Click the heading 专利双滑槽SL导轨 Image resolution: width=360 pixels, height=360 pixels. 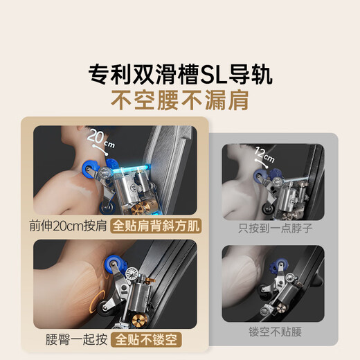180,73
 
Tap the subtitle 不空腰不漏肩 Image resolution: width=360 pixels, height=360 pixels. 179,100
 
